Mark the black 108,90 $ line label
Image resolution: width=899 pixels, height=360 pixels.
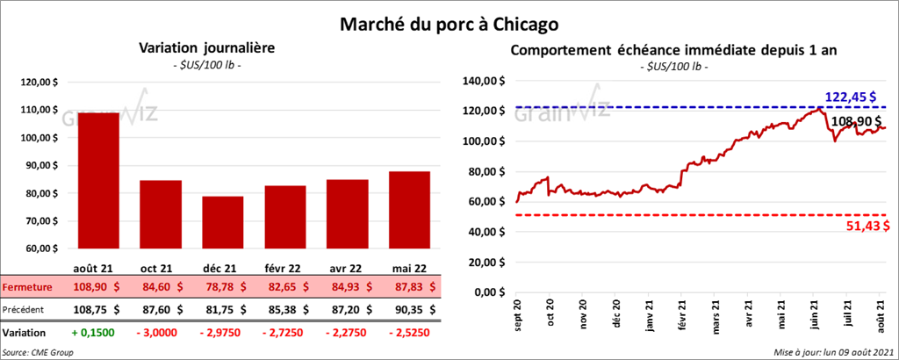point(860,122)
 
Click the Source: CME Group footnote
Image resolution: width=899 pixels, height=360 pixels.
point(38,352)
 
